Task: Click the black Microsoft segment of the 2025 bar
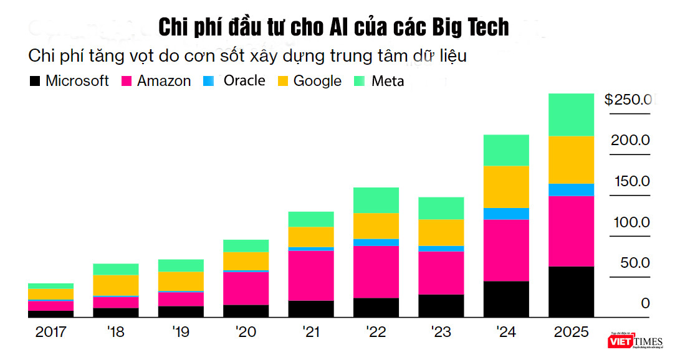(570, 291)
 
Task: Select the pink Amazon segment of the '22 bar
(376, 272)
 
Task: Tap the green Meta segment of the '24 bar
(506, 150)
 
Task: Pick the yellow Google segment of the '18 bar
(115, 285)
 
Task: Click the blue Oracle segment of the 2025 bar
(570, 189)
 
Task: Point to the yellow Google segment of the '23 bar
(441, 232)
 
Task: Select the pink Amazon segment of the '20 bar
(246, 288)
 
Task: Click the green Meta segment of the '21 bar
(311, 219)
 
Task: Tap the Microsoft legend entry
(69, 81)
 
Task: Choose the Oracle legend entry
(236, 81)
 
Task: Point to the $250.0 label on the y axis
(628, 100)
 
